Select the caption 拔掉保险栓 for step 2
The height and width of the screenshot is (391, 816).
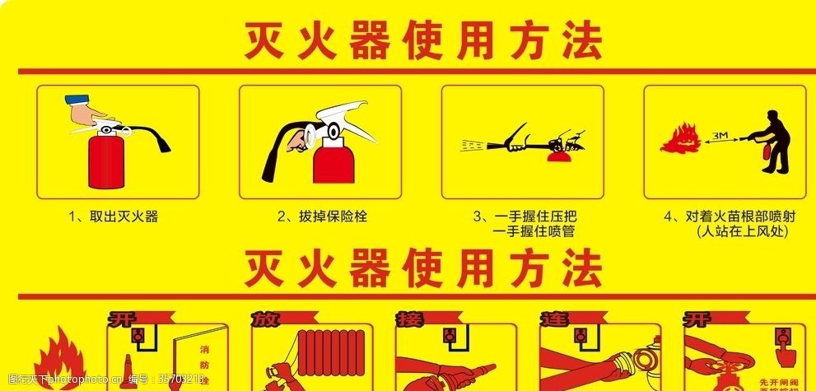tap(322, 217)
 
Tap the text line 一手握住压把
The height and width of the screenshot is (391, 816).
tap(524, 217)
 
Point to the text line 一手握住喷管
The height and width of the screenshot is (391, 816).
tap(532, 232)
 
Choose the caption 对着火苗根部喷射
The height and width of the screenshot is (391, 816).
tap(729, 217)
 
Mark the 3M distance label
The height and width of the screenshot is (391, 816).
tap(721, 134)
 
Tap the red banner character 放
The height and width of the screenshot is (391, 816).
tap(262, 318)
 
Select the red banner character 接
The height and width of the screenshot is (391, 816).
tap(406, 318)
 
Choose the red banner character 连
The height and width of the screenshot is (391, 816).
tap(550, 318)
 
